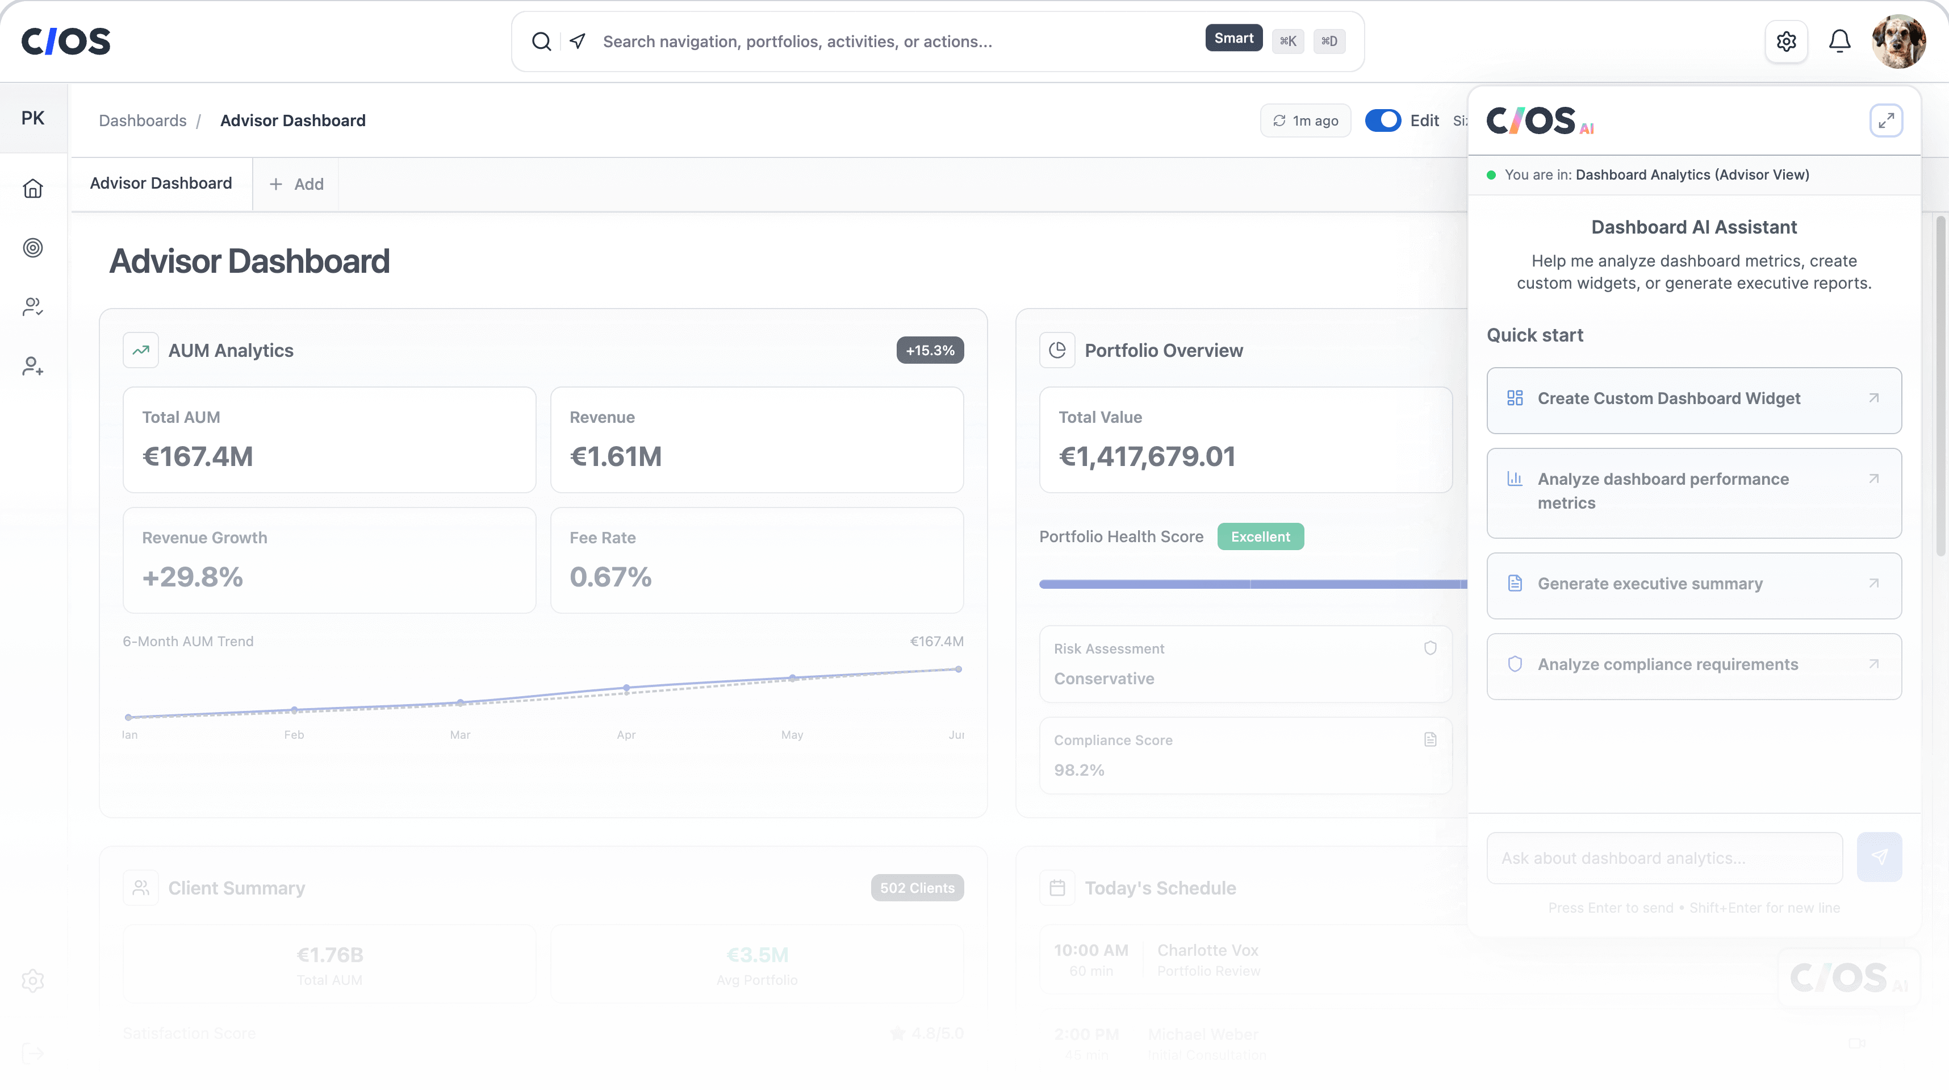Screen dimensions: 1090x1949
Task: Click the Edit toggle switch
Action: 1382,120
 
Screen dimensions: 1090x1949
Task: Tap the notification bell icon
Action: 1839,41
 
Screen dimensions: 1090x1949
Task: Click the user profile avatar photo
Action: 1898,41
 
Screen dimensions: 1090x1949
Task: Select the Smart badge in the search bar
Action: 1233,39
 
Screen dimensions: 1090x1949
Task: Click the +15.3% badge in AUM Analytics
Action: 930,351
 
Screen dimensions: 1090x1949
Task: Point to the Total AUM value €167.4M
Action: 198,456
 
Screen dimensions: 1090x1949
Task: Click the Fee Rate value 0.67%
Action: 610,577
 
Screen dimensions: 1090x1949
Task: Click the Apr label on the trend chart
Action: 626,735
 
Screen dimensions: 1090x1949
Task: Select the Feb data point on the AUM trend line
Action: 294,710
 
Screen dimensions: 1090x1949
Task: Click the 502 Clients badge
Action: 917,888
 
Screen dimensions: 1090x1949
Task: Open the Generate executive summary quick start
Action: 1693,584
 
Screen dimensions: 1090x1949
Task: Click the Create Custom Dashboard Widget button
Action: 1693,400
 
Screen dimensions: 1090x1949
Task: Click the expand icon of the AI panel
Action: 1885,120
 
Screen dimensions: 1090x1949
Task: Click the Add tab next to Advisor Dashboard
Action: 296,184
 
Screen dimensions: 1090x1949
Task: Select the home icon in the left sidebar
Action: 32,189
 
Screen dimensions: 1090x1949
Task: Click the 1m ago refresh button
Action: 1305,121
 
